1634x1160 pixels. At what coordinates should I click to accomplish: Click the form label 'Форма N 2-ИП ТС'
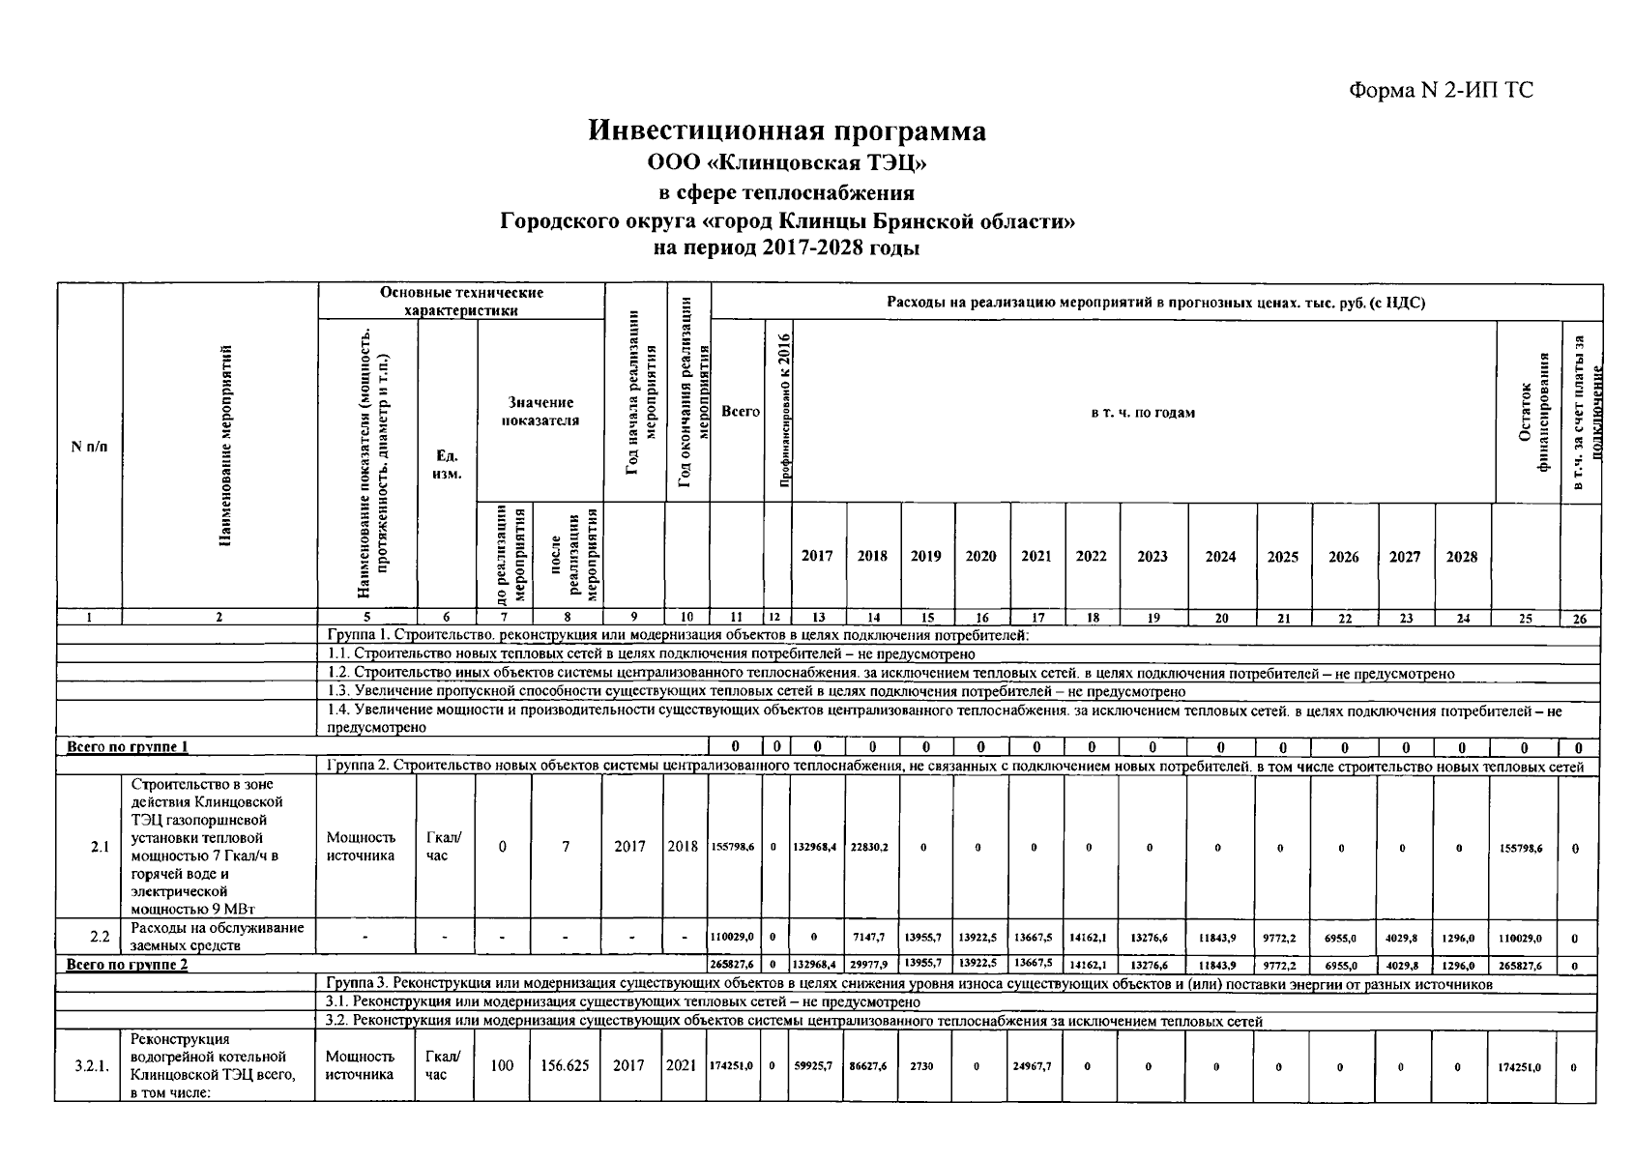coord(1441,91)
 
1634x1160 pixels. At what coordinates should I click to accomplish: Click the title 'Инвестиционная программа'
coord(787,131)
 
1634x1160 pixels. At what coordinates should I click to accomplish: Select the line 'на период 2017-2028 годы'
coord(787,247)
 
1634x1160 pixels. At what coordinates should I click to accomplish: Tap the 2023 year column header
coord(1153,557)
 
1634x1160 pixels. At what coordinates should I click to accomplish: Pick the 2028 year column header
coord(1461,557)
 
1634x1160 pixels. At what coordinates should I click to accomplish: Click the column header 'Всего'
coord(740,412)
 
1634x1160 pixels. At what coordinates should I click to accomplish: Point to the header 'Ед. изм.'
coord(446,464)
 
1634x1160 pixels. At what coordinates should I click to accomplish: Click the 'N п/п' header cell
coord(89,447)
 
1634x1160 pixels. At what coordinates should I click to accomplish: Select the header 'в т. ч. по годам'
coord(1143,413)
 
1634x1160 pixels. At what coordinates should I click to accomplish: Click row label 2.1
coord(100,847)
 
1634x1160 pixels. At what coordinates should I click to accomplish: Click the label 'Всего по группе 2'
coord(127,965)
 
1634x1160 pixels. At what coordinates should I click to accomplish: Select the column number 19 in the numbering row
coord(1153,619)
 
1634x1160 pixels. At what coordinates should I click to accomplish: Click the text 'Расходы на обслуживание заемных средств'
coord(217,937)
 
